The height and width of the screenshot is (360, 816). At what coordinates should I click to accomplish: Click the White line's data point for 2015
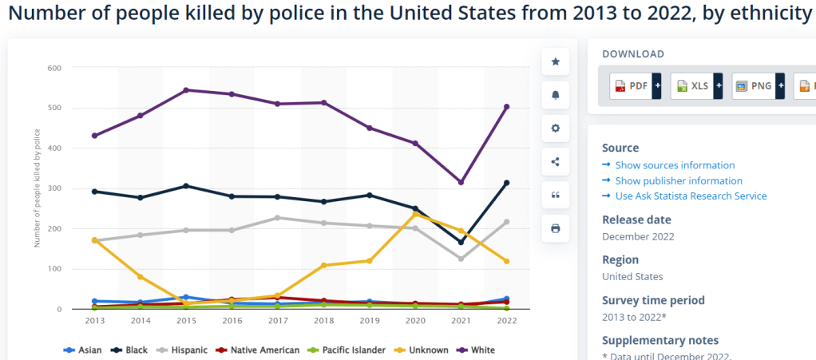186,90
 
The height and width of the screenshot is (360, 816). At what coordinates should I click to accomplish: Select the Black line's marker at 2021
461,243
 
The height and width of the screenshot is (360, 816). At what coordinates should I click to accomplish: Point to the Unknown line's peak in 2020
415,214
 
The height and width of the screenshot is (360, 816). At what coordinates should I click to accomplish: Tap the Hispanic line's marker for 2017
278,218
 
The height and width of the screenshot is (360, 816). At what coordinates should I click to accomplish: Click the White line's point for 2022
507,107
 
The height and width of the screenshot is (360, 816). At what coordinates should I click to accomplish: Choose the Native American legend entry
260,350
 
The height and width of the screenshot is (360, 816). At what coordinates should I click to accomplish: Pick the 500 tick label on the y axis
54,108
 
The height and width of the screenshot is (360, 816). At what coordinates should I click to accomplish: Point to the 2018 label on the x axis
323,319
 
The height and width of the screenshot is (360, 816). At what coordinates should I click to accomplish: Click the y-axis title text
37,188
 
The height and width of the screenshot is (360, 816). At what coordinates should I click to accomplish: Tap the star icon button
556,61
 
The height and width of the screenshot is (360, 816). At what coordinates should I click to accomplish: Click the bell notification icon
556,95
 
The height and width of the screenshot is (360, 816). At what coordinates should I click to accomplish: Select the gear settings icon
556,129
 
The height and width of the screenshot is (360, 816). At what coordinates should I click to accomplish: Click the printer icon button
556,228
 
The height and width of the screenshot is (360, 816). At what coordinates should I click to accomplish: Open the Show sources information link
675,165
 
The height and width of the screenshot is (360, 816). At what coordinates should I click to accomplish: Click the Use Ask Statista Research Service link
691,196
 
